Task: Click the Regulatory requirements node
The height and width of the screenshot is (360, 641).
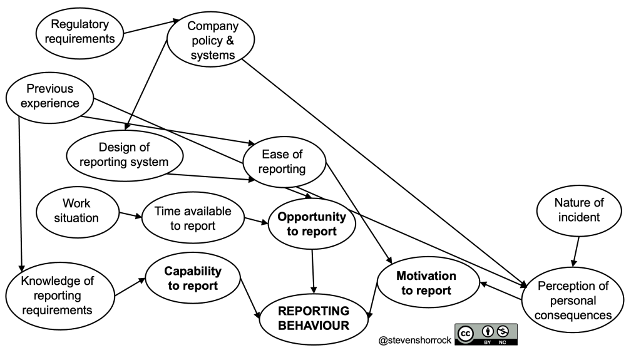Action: (79, 31)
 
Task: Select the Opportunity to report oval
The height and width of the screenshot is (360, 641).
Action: (311, 224)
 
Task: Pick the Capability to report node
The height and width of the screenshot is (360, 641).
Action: (192, 279)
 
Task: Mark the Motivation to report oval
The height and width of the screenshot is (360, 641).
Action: (426, 283)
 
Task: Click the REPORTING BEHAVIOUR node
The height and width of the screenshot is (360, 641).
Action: (314, 317)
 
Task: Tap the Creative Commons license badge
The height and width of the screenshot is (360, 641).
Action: (486, 334)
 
